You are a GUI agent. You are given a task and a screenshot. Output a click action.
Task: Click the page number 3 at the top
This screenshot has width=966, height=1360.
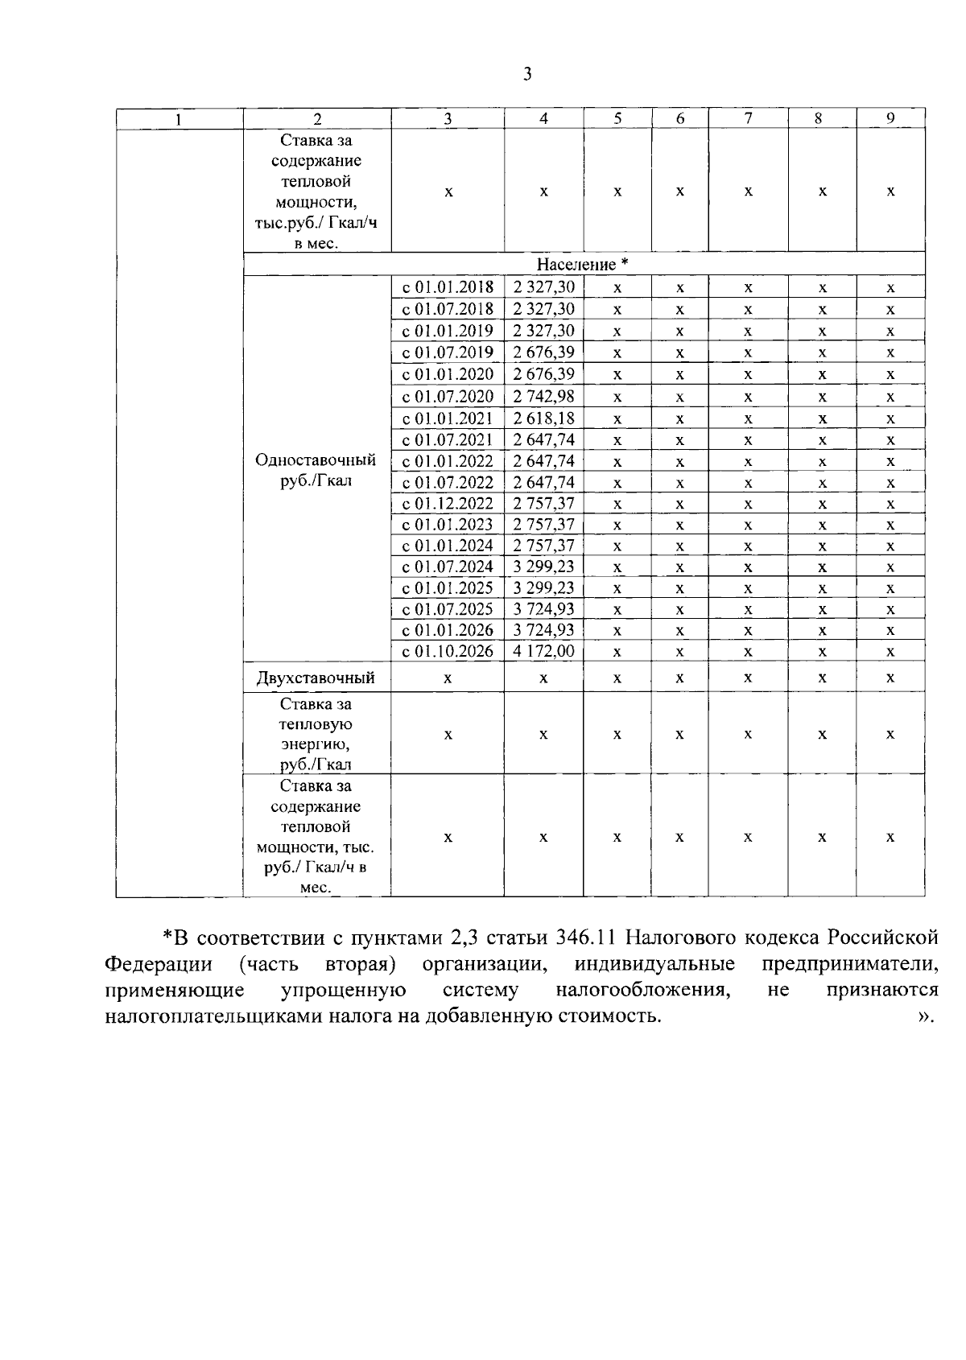527,75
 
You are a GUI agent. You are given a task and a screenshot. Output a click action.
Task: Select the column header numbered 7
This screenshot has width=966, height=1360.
748,118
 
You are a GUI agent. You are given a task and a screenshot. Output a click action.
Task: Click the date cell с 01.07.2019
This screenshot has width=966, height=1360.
448,352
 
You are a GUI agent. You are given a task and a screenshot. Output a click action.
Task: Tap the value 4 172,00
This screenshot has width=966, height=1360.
543,651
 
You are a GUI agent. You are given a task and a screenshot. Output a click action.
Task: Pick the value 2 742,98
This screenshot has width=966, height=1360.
543,396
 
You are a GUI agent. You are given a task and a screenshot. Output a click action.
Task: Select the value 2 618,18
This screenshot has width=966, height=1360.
543,418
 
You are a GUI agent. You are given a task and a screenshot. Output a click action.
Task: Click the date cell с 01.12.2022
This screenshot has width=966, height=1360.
448,504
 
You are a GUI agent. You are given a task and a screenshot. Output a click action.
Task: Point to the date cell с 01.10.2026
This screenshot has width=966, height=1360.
448,651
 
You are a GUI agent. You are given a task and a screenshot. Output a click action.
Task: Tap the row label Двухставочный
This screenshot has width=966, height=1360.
316,678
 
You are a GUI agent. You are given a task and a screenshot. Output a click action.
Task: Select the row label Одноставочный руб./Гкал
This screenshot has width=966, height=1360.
316,471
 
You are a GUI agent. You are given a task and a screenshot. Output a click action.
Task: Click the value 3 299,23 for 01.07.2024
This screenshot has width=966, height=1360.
543,567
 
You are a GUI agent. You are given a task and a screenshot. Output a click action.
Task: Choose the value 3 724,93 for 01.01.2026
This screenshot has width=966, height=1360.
543,629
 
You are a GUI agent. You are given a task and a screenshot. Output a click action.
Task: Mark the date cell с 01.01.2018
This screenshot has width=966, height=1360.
448,287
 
